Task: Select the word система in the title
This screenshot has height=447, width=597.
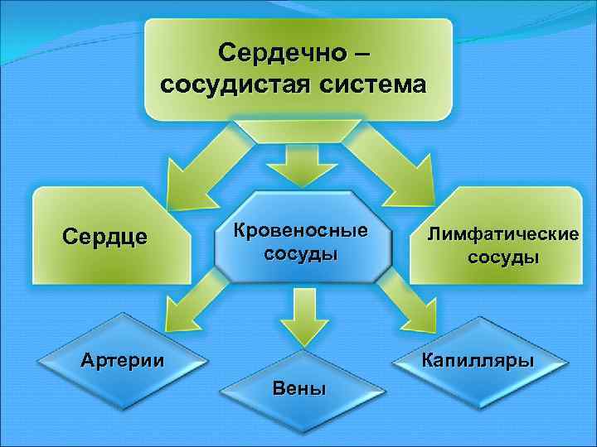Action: point(372,84)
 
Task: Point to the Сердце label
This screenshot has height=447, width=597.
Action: point(105,237)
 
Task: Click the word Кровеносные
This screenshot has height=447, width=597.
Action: point(300,229)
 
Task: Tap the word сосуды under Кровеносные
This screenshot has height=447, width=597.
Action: point(300,252)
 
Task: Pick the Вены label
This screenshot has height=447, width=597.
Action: point(299,388)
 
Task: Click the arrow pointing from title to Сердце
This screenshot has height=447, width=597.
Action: point(195,170)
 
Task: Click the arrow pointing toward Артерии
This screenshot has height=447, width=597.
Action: point(187,310)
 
